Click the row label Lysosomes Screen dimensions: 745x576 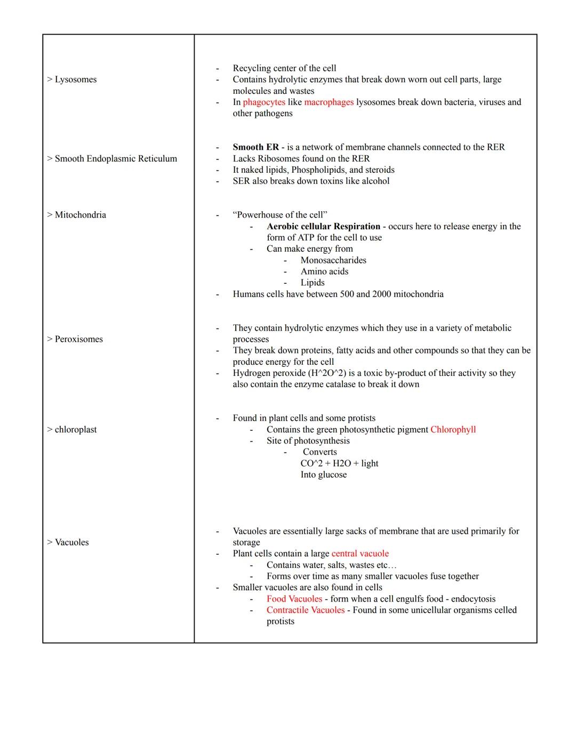[x=72, y=79]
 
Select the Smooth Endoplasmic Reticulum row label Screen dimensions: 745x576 [x=112, y=158]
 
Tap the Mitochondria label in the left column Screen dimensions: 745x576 [x=76, y=215]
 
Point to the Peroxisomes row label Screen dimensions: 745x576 [x=75, y=339]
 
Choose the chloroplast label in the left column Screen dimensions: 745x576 [x=72, y=430]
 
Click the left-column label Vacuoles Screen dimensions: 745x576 [x=68, y=542]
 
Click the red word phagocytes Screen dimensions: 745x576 [x=264, y=102]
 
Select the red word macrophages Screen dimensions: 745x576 [x=329, y=102]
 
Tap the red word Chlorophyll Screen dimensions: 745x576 [x=453, y=430]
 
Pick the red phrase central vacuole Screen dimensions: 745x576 [x=360, y=554]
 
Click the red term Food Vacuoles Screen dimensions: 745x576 [x=294, y=599]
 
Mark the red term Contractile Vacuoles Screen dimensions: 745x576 [x=306, y=610]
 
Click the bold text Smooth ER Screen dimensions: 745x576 [x=255, y=147]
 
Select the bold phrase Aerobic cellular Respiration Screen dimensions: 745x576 [x=323, y=227]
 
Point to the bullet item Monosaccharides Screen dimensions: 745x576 [x=333, y=260]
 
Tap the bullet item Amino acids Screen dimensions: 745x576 [x=324, y=271]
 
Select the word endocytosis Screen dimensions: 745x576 [x=473, y=599]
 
